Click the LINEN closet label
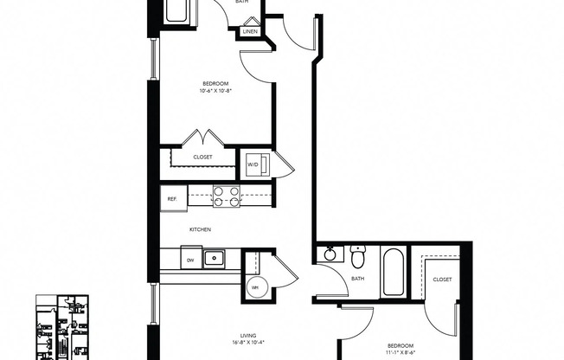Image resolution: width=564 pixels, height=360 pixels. tap(250, 32)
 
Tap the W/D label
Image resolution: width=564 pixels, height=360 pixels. tap(253, 164)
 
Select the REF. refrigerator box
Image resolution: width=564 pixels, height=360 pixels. tap(172, 198)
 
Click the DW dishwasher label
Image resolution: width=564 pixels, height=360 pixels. tap(189, 259)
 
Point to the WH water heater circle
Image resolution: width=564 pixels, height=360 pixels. tap(255, 288)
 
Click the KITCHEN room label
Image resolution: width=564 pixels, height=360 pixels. tap(201, 229)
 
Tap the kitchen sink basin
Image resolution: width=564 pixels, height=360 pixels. tap(213, 257)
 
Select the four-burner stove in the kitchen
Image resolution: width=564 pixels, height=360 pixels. tap(227, 197)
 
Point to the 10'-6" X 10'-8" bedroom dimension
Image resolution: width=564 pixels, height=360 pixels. tap(216, 90)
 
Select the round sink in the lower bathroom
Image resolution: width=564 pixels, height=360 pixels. tap(329, 254)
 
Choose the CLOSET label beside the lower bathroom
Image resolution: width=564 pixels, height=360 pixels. tap(442, 280)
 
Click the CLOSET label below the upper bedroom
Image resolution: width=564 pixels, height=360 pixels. tap(202, 157)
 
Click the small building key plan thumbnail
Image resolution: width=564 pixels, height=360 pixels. tap(66, 327)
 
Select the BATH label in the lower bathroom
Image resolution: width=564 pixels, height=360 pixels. tap(357, 279)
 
